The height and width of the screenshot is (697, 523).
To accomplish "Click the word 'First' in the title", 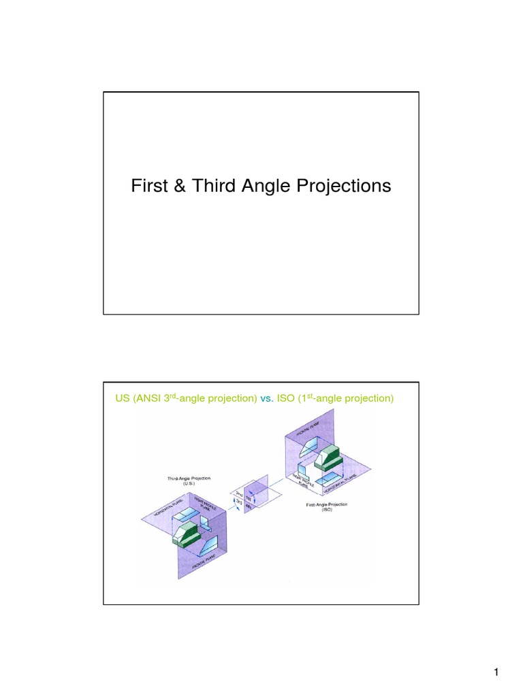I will coord(148,186).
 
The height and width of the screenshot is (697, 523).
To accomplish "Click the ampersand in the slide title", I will coord(178,186).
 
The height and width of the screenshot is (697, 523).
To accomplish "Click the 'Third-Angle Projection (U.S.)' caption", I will coord(189,481).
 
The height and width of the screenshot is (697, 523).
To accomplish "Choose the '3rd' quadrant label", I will coord(239,503).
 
